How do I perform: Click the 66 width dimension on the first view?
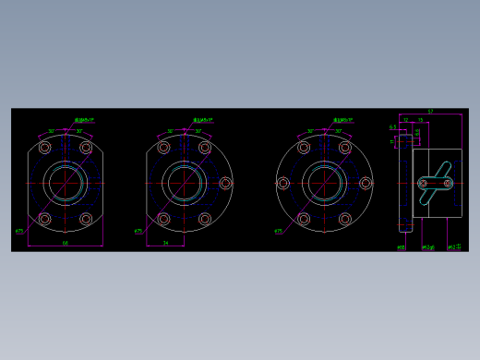click(65, 243)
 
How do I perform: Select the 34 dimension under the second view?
click(165, 243)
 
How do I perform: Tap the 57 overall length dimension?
click(430, 111)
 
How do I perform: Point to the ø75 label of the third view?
click(278, 231)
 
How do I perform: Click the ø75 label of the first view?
click(19, 231)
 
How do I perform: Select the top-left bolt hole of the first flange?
click(45, 148)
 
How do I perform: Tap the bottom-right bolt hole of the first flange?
click(86, 219)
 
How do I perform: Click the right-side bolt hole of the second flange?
click(226, 183)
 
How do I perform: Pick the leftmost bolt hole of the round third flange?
click(283, 183)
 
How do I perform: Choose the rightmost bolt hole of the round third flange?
click(366, 183)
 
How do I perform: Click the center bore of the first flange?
click(66, 183)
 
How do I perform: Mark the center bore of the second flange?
click(185, 183)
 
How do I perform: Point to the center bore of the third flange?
click(325, 183)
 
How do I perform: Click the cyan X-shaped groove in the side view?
click(433, 183)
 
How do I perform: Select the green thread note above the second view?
click(202, 119)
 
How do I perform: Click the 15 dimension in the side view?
click(420, 120)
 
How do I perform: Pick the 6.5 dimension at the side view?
click(392, 127)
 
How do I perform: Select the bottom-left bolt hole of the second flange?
click(164, 219)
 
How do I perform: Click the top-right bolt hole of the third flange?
click(345, 148)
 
